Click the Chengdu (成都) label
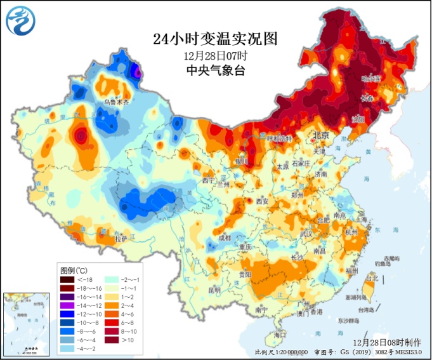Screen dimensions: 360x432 [225, 238]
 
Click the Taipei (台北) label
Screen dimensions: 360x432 [372, 278]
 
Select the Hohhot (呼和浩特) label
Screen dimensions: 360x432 [280, 138]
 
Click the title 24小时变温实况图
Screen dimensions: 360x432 [216, 39]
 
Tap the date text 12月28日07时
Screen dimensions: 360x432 [216, 55]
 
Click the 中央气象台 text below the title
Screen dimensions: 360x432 [216, 70]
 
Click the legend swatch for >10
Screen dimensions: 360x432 [112, 340]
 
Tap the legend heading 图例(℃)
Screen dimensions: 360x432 [74, 270]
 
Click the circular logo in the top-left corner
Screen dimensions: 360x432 [21, 20]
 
